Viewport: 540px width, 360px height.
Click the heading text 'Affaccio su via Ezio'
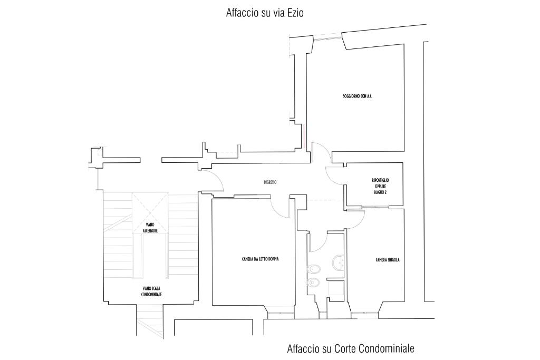[265, 13]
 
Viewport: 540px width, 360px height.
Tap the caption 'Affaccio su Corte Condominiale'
[351, 348]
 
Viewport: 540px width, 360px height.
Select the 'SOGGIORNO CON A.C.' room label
[358, 96]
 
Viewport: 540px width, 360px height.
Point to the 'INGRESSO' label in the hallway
[270, 182]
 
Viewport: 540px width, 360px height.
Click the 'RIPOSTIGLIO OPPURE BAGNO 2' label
[380, 187]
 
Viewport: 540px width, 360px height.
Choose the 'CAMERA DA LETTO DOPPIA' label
[261, 259]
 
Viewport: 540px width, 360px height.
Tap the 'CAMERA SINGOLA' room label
[388, 260]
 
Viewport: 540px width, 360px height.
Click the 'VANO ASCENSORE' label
[150, 228]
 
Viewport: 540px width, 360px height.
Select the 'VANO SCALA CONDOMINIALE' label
[151, 291]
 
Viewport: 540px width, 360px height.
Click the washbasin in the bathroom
[338, 262]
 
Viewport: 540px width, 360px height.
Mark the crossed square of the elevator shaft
[150, 210]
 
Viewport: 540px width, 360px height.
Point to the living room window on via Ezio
[328, 37]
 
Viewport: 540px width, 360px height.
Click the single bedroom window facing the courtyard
[365, 313]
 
